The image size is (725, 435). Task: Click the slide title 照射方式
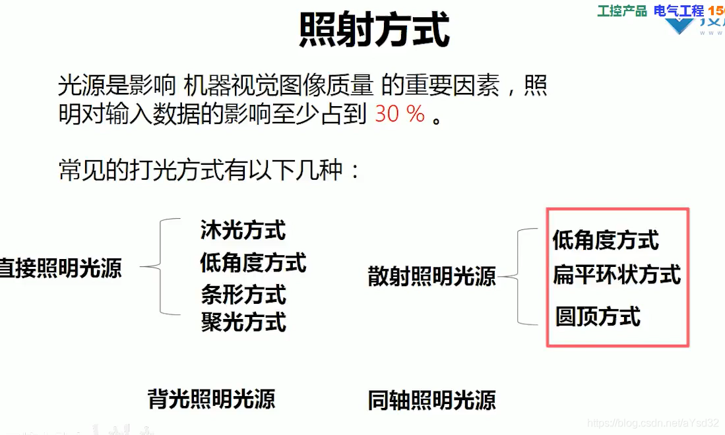374,30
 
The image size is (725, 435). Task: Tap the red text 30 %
400,115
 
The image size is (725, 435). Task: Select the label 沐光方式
243,230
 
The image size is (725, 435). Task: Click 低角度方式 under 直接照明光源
253,263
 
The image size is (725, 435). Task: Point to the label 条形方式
243,294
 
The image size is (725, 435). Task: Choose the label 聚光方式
243,322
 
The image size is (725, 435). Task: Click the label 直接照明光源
61,268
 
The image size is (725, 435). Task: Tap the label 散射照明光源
431,277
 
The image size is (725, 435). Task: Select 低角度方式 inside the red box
606,241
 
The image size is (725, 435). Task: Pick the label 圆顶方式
598,317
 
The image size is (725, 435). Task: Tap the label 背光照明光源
211,399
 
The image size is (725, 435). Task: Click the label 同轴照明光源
431,400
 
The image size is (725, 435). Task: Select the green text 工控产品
622,11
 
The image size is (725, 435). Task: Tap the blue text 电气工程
679,11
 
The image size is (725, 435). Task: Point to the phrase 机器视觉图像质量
279,86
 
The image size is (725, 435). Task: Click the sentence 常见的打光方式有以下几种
209,171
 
